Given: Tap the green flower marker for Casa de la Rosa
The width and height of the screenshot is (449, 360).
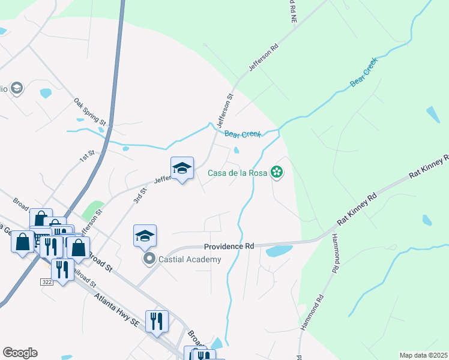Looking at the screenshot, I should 277,173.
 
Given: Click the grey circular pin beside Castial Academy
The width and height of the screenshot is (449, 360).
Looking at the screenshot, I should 148,259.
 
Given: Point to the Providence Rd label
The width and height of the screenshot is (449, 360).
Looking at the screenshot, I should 229,247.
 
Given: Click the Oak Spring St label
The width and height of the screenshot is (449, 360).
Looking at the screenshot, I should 90,112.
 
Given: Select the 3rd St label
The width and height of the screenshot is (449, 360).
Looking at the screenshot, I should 140,196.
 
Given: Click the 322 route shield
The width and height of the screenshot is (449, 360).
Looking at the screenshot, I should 47,281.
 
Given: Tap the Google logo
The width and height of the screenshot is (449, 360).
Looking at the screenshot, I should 20,353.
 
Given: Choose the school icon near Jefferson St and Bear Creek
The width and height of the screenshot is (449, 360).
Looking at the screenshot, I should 182,169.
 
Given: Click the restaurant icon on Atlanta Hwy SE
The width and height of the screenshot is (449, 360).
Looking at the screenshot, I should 157,322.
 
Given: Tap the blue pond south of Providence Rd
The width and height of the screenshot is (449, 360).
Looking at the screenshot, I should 279,251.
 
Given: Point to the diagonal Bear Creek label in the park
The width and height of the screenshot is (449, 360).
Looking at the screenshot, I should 363,71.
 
